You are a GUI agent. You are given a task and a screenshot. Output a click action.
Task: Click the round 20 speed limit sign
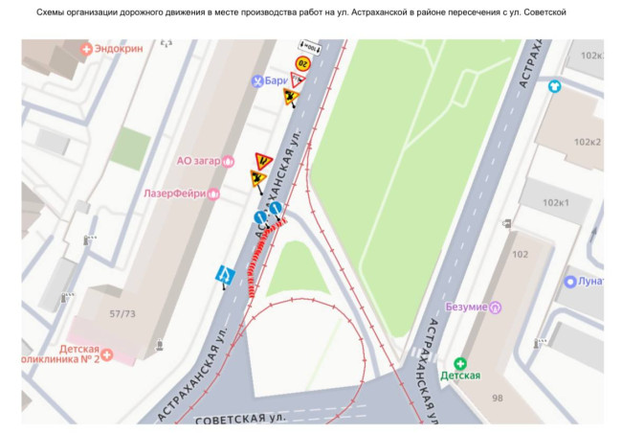pyautogui.click(x=302, y=63)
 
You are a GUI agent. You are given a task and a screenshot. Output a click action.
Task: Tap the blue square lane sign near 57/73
pyautogui.click(x=225, y=276)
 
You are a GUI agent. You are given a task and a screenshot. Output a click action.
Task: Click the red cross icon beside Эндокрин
pyautogui.click(x=87, y=48)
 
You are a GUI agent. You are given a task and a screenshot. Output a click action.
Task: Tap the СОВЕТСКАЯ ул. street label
pyautogui.click(x=240, y=419)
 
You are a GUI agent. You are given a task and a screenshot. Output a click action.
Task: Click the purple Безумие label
pyautogui.click(x=467, y=308)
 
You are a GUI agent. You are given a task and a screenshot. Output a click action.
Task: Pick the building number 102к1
pyautogui.click(x=556, y=203)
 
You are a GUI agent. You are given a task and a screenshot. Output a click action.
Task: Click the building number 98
pyautogui.click(x=496, y=397)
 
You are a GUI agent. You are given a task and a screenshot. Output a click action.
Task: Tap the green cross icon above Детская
pyautogui.click(x=459, y=363)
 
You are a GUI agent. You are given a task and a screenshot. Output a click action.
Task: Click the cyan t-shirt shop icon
pyautogui.click(x=554, y=86)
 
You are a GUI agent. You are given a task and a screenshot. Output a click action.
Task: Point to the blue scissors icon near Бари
pyautogui.click(x=256, y=81)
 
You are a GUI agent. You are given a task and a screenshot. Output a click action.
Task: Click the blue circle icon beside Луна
pyautogui.click(x=571, y=282)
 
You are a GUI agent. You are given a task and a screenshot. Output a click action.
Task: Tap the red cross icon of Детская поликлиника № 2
pyautogui.click(x=107, y=355)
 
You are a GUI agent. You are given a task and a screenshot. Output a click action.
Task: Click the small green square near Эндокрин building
pyautogui.click(x=129, y=148)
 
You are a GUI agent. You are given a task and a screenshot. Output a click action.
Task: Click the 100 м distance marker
pyautogui.click(x=309, y=46)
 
